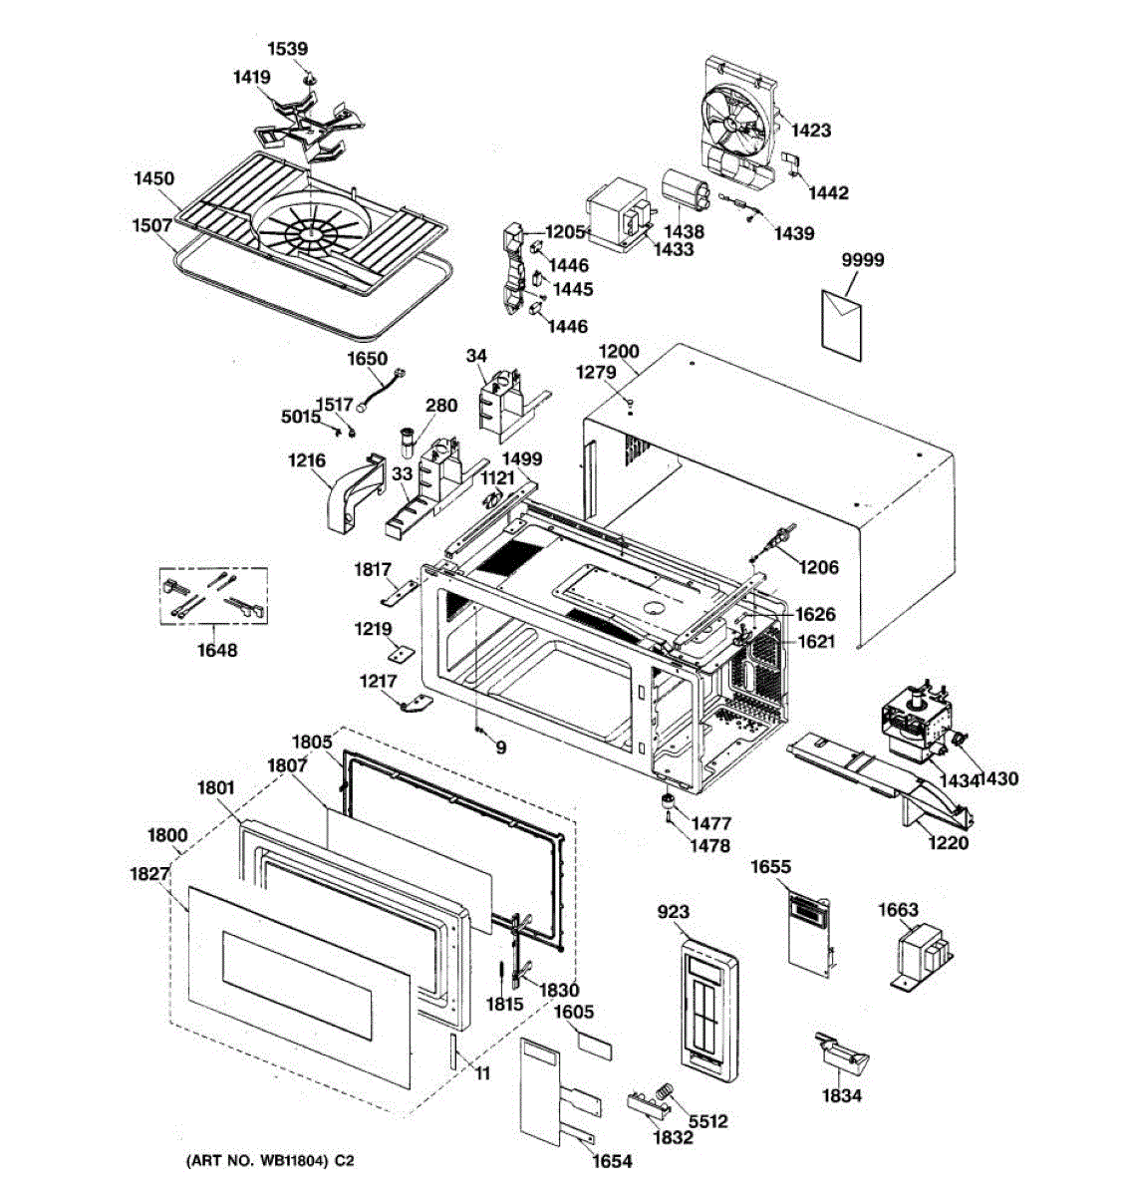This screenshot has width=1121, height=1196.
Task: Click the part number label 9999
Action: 862,261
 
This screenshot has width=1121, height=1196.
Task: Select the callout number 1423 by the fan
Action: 811,131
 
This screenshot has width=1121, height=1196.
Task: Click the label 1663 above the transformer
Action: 898,910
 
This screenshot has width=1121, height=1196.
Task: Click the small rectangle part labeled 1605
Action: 595,1044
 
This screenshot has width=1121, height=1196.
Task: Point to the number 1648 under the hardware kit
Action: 217,651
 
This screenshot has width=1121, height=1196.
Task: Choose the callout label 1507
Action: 153,225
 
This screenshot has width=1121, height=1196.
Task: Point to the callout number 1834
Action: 841,1096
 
